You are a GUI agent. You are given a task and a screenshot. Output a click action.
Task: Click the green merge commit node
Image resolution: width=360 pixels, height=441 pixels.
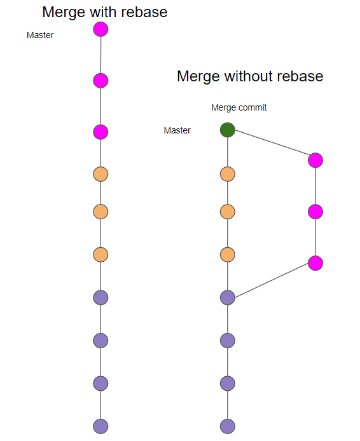(228, 130)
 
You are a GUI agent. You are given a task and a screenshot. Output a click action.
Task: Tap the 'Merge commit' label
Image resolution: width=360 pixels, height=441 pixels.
(239, 107)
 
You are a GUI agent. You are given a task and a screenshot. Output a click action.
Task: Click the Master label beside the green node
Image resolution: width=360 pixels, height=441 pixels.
(177, 130)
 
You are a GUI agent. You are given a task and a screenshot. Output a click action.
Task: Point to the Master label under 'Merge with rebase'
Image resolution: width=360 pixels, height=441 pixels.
(40, 35)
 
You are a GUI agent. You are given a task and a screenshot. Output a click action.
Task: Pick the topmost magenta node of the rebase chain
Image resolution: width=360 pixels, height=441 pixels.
(100, 29)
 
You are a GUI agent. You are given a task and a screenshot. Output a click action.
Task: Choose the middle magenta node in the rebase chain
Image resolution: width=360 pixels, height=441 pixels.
(100, 81)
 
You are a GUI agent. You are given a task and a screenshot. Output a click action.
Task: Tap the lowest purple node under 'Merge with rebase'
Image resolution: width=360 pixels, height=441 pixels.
(100, 426)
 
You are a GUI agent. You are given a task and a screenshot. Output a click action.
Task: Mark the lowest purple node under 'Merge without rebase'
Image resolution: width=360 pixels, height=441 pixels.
(228, 426)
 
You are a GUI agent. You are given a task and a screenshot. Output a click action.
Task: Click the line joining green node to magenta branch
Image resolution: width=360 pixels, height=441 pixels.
(272, 142)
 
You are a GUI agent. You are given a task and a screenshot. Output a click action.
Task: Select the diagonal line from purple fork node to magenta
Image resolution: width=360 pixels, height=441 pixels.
(272, 280)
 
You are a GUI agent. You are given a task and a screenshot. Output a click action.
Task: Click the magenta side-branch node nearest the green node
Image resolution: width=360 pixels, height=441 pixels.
(315, 160)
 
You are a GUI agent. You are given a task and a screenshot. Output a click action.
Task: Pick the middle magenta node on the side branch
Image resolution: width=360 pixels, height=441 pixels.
(315, 212)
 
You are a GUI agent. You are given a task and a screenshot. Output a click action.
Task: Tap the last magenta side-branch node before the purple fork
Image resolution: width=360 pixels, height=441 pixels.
(315, 263)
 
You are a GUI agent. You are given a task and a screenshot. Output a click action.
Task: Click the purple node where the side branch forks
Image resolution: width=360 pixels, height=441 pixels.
(228, 297)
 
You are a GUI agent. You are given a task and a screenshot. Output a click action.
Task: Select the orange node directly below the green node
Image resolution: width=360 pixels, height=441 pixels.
(228, 174)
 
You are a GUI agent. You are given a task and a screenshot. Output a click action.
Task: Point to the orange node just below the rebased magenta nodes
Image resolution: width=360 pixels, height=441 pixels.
(100, 174)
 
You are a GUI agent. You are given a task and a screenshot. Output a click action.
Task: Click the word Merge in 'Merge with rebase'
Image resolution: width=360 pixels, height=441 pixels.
(64, 12)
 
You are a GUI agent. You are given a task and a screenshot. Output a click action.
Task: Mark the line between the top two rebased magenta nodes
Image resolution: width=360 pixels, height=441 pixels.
(100, 55)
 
